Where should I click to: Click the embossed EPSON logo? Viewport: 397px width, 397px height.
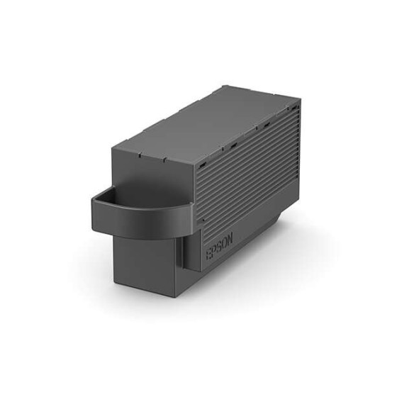[x=219, y=247]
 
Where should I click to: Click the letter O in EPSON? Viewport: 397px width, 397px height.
[x=225, y=243]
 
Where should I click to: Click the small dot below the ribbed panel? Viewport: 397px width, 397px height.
[x=203, y=221]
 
